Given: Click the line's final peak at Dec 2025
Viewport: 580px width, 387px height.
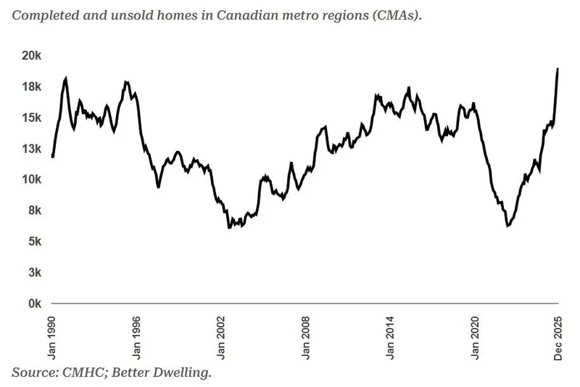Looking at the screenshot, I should click(x=558, y=69).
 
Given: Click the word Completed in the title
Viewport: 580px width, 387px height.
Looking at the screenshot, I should click(x=40, y=15).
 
